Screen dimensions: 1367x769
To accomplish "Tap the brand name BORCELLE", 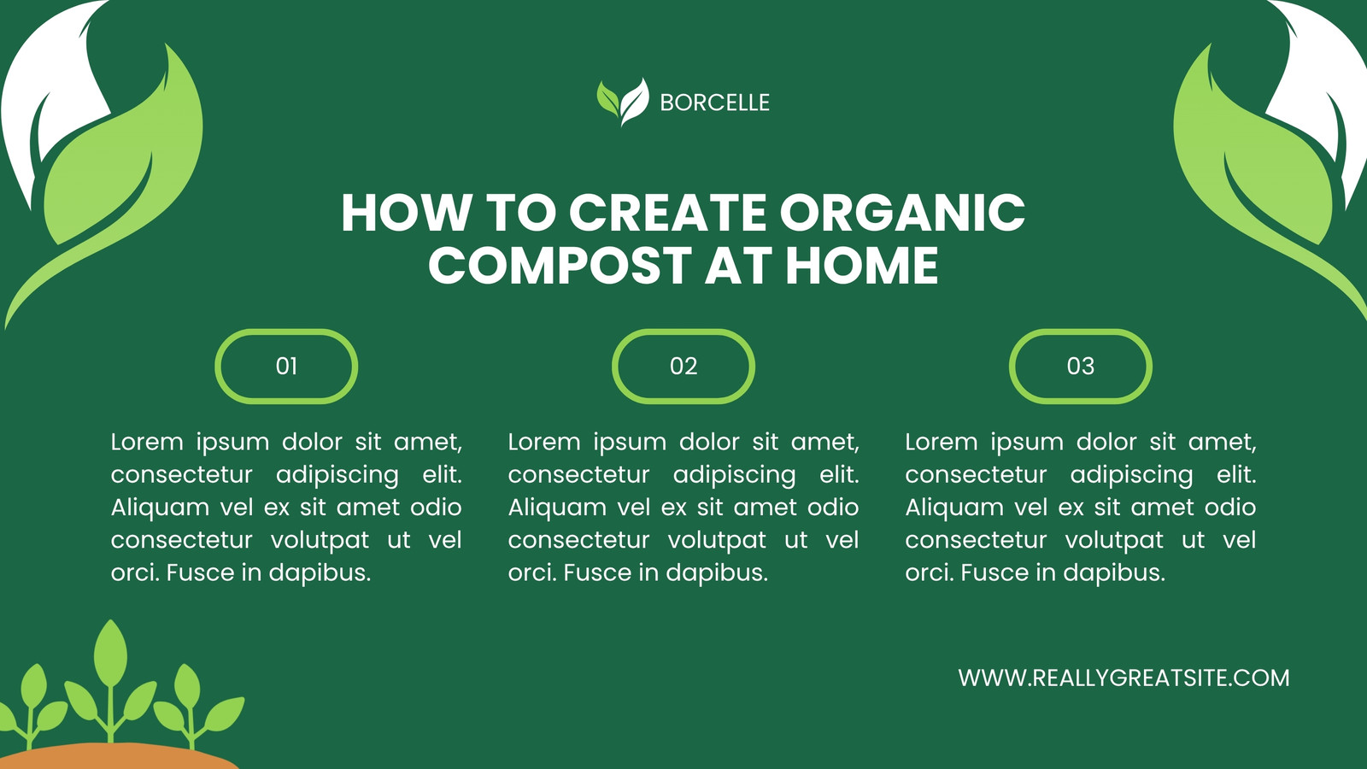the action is (714, 103).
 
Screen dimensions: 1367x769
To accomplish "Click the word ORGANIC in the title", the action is (902, 213).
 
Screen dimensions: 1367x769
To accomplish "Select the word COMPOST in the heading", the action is (560, 266).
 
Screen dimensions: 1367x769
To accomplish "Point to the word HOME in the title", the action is (861, 266).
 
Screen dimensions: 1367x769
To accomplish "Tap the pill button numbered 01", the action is (286, 367).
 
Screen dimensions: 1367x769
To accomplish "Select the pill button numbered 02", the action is (683, 367).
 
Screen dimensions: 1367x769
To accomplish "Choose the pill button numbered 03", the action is (1081, 367).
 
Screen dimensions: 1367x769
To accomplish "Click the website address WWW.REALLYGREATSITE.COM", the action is (1124, 678).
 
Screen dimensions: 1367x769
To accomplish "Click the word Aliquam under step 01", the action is (160, 508).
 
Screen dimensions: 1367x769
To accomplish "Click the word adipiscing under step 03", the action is (1131, 475).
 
